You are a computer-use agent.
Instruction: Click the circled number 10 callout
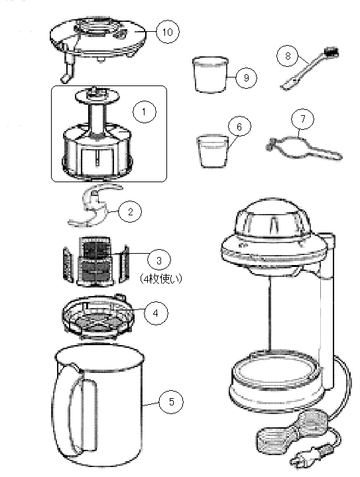(168, 32)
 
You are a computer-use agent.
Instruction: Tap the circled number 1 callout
(145, 112)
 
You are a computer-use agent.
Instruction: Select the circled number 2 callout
(130, 211)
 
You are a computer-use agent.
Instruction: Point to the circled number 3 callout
(159, 260)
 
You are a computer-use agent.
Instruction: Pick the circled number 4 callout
(156, 313)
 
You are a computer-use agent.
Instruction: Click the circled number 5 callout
(171, 401)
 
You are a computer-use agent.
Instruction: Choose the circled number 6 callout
(239, 127)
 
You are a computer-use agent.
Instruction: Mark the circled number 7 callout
(303, 119)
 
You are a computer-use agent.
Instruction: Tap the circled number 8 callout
(288, 56)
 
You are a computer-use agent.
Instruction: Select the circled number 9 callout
(246, 78)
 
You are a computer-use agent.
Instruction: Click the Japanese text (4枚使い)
(161, 279)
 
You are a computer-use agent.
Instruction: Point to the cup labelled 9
(211, 74)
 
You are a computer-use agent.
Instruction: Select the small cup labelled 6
(212, 151)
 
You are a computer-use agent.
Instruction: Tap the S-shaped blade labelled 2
(91, 207)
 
